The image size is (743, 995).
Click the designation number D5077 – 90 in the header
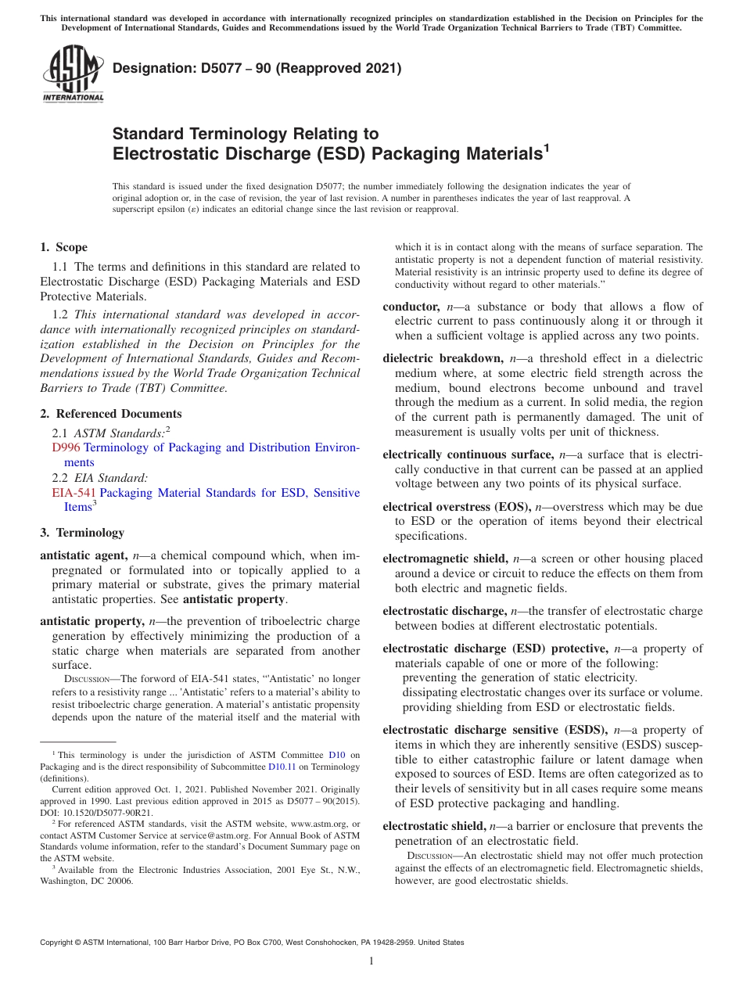257,69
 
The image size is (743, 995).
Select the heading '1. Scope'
63,247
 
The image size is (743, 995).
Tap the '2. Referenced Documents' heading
110,414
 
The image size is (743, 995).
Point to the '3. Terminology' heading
81,533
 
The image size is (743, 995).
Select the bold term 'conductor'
411,307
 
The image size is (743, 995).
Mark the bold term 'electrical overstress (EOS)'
455,507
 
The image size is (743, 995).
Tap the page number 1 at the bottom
371,961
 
